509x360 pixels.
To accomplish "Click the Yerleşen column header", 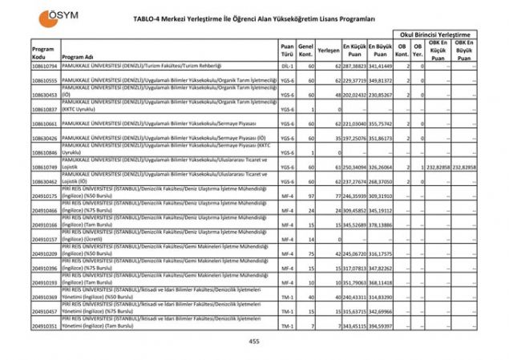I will (329, 49).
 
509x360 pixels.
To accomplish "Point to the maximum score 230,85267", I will (381, 93).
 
